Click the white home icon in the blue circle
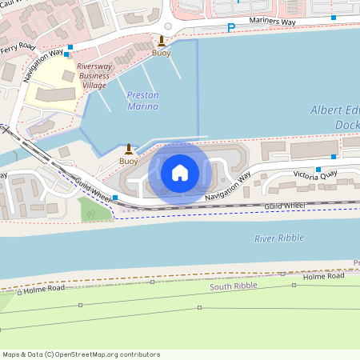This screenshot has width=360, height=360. tap(180, 173)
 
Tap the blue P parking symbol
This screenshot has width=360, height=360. tap(231, 28)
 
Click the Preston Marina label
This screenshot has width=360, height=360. tap(142, 101)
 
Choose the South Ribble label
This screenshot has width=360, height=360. tap(231, 286)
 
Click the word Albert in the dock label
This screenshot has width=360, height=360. tap(326, 111)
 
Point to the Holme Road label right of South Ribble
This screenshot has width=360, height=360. tap(324, 277)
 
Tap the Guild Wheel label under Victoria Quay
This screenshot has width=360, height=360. tap(284, 206)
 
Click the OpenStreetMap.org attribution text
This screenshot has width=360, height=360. tap(104, 354)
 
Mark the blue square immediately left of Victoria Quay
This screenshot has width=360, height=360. tap(318, 170)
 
